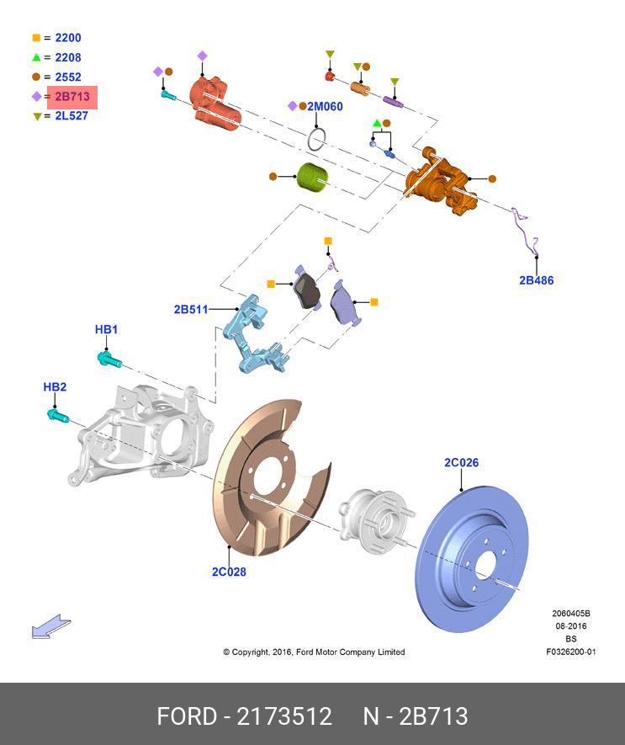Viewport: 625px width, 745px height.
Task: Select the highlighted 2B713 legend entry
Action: (x=72, y=97)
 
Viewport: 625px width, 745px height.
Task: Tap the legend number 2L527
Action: (x=72, y=116)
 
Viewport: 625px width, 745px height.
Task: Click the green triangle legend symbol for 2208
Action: (x=36, y=58)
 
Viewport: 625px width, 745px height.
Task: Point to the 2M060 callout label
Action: (x=324, y=107)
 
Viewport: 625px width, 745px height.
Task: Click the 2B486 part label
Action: (x=536, y=280)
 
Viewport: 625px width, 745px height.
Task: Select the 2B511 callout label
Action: (x=190, y=310)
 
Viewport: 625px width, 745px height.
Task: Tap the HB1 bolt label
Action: (x=106, y=329)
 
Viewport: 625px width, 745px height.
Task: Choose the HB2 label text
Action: (x=55, y=387)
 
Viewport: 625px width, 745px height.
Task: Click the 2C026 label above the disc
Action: (x=461, y=462)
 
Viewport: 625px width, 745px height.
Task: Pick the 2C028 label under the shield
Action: (x=229, y=572)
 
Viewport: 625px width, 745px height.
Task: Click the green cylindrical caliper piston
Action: (x=314, y=178)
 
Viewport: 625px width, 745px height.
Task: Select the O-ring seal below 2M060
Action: (x=315, y=139)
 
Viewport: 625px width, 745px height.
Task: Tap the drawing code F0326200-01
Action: (x=570, y=652)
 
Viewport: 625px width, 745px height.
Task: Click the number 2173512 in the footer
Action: (x=284, y=716)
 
